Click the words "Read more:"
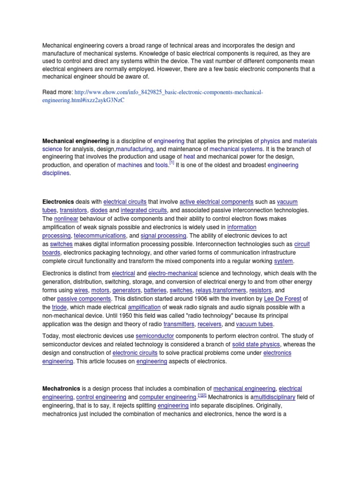[x=58, y=92]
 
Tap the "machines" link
[x=129, y=165]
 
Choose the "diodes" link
[x=99, y=210]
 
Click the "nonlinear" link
[x=66, y=219]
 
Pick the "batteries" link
[x=155, y=290]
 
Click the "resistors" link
[x=261, y=290]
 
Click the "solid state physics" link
[x=255, y=345]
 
